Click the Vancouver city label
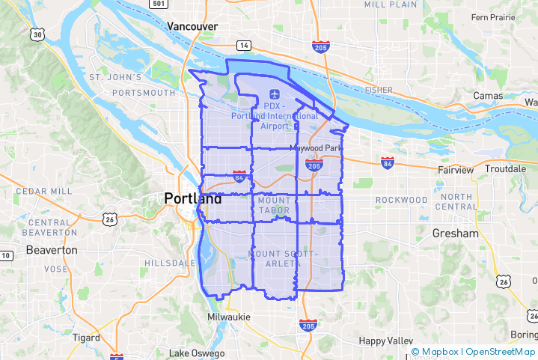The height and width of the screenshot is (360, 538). click(192, 26)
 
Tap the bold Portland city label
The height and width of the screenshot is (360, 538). click(193, 199)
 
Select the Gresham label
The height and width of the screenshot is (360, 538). click(455, 234)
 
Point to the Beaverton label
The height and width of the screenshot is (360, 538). click(52, 250)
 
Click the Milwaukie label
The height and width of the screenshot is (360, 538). click(229, 317)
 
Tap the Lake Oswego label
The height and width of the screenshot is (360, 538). click(197, 353)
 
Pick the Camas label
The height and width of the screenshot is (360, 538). click(488, 96)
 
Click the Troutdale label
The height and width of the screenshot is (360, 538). click(505, 170)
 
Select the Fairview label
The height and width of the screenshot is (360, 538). click(456, 170)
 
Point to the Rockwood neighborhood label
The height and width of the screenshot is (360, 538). click(401, 200)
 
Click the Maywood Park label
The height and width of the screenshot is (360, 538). click(316, 148)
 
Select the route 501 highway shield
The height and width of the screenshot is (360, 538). click(156, 4)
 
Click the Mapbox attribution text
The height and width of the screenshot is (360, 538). click(440, 352)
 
